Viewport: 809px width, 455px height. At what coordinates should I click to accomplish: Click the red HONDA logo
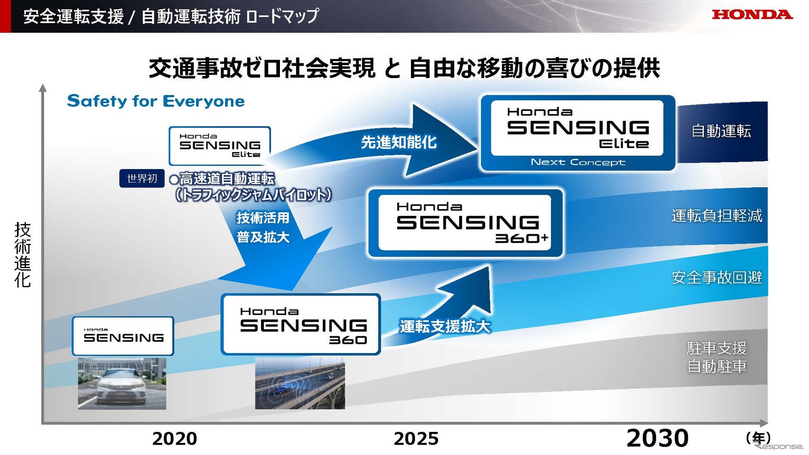point(752,15)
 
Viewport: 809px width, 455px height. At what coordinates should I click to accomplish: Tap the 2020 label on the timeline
point(175,438)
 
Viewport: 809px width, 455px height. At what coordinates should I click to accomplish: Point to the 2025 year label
point(416,438)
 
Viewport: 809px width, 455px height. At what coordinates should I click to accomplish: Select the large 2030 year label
point(657,438)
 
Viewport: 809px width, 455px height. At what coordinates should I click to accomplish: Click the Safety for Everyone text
point(156,101)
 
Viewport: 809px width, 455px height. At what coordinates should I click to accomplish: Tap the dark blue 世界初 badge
point(142,178)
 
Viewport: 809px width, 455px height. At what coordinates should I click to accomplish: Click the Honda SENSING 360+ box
point(465,223)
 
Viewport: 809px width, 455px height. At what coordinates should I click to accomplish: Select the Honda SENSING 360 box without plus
point(301,324)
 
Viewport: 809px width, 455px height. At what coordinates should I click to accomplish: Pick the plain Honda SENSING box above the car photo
point(123,336)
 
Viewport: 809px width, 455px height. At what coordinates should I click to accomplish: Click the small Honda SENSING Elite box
point(220,146)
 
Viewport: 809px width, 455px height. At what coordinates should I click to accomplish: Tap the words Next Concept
point(578,162)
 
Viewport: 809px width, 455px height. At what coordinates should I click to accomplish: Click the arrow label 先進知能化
point(398,142)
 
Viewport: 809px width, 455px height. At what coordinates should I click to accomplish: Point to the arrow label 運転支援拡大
point(445,327)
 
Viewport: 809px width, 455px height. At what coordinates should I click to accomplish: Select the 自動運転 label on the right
point(721,131)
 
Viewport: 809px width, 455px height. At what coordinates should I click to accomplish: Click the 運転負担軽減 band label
point(717,216)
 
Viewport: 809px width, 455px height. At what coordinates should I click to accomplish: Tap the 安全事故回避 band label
point(717,277)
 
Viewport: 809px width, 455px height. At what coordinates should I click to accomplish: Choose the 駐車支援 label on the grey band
point(717,348)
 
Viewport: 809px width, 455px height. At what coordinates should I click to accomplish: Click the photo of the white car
point(122,383)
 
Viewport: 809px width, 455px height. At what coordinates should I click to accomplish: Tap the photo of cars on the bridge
point(300,383)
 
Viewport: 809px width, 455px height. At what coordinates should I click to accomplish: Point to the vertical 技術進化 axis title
point(22,255)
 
